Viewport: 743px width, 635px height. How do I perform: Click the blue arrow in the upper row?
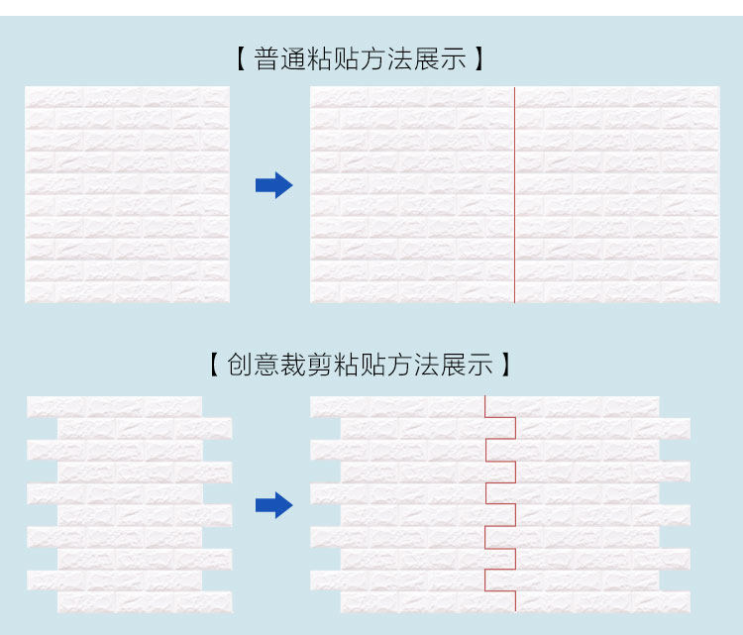coord(273,185)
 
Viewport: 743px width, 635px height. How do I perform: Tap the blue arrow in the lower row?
coord(273,506)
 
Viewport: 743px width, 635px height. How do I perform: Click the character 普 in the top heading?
coord(267,59)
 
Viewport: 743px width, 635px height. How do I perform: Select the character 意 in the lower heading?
coord(267,365)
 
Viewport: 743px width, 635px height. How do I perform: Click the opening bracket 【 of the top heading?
coord(241,59)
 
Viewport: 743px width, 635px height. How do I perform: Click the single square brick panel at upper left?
coord(127,195)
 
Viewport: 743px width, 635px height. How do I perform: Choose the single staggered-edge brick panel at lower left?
coord(129,505)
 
